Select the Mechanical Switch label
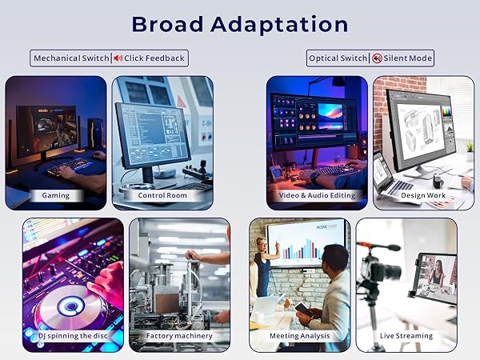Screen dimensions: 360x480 (x=70, y=58)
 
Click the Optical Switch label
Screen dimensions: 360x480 (x=338, y=58)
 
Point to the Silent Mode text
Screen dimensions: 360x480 (x=408, y=58)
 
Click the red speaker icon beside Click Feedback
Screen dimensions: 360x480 (x=118, y=58)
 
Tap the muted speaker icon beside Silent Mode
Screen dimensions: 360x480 (x=377, y=58)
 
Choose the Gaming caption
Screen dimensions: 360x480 (x=56, y=195)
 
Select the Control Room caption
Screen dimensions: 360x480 (x=162, y=195)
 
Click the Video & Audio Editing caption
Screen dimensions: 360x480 (x=318, y=195)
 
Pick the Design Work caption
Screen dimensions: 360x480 (x=424, y=195)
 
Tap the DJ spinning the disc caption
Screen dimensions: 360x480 (x=73, y=336)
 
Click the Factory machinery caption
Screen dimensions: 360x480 (x=179, y=336)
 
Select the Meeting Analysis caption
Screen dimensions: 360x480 (x=300, y=336)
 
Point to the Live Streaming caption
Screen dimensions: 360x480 (x=406, y=336)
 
